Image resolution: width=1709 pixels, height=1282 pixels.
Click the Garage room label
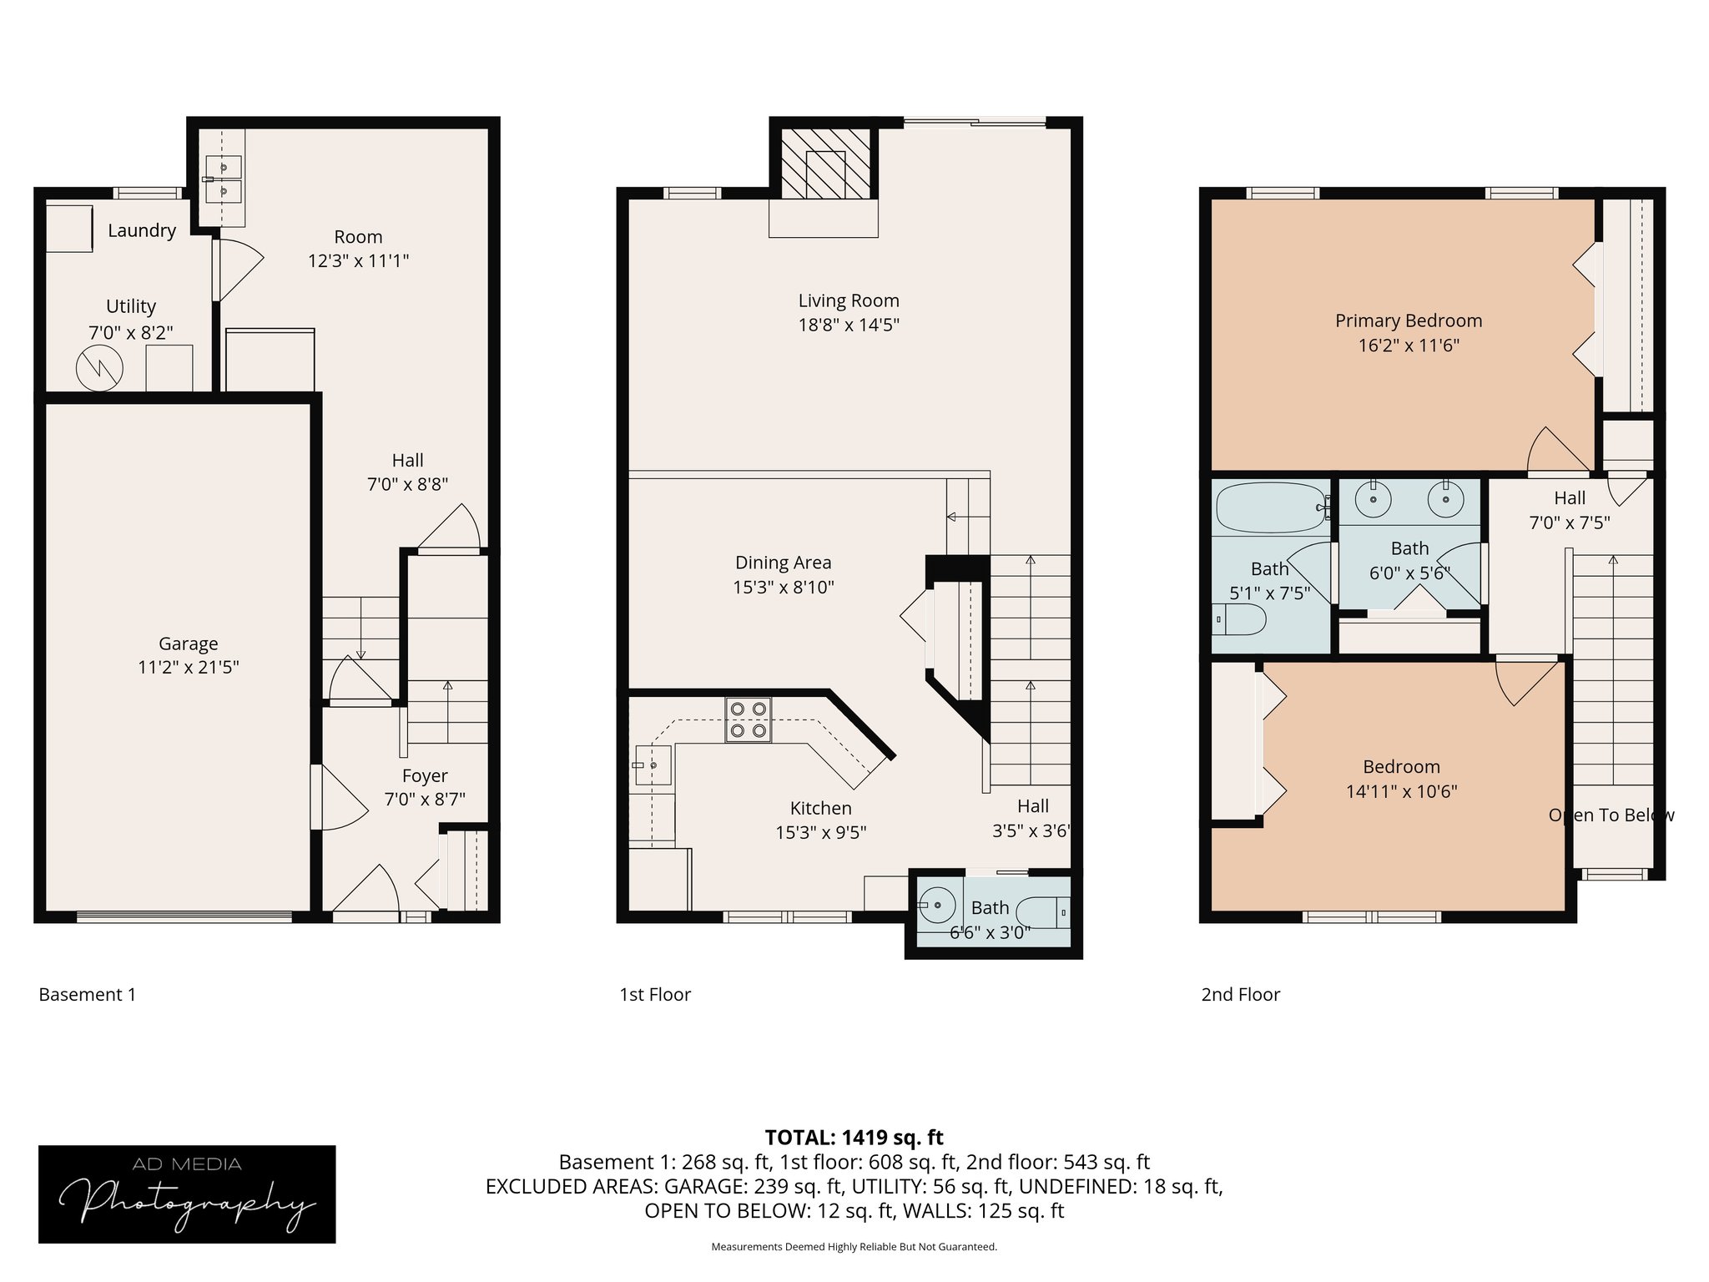(188, 644)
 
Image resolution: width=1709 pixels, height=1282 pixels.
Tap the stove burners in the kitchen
(749, 719)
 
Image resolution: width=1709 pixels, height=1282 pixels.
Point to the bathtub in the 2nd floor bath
(1270, 507)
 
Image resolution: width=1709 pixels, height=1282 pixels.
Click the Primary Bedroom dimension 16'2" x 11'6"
(1408, 346)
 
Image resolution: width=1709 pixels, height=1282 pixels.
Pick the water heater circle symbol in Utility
(99, 368)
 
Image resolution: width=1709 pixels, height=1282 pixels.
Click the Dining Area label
(783, 563)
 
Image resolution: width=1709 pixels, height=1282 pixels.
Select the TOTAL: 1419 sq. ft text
(854, 1138)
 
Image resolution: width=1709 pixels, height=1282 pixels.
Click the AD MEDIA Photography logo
(187, 1194)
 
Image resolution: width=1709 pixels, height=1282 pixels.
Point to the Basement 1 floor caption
(87, 994)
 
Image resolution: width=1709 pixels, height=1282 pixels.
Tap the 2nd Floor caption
(1240, 994)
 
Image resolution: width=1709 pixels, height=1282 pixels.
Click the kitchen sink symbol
(653, 765)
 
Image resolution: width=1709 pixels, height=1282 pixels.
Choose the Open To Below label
(1611, 815)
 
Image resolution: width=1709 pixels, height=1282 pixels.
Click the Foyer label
(425, 775)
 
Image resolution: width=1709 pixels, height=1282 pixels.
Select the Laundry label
(142, 230)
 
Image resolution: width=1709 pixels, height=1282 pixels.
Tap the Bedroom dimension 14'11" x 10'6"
(1401, 791)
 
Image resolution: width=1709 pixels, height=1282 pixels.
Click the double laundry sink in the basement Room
(222, 179)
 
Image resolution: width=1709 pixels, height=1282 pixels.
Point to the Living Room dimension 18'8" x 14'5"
(848, 325)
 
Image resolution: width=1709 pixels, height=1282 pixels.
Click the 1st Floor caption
(655, 994)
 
